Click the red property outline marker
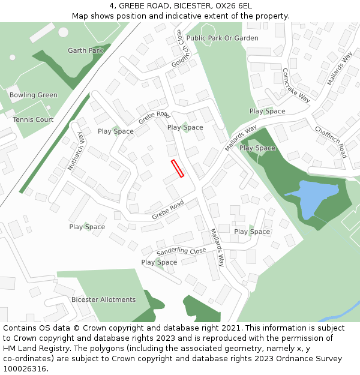coord(177,168)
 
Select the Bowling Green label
coord(34,95)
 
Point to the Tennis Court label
coord(33,119)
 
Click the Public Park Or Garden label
coord(222,38)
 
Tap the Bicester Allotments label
coord(103,299)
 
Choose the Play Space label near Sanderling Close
coord(159,262)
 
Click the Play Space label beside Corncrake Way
coord(267,111)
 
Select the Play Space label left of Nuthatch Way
coord(87,227)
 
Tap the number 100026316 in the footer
coord(24,368)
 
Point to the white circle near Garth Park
coord(13,58)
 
